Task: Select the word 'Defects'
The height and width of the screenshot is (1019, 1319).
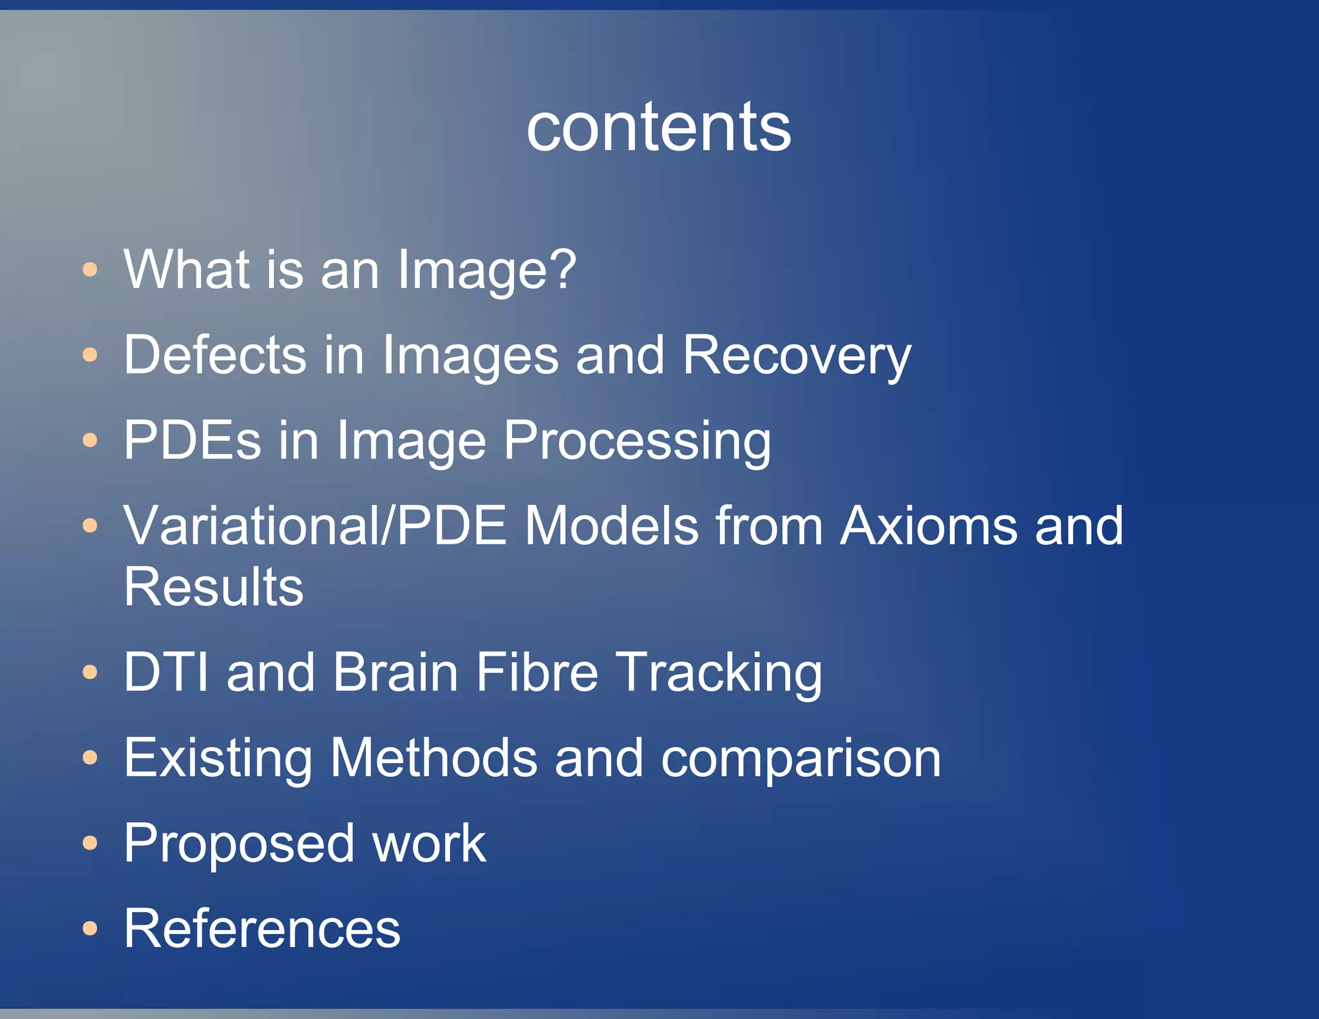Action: [x=215, y=355]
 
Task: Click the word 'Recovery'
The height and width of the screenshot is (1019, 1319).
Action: [x=797, y=355]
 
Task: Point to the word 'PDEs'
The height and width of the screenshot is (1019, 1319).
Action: [x=193, y=440]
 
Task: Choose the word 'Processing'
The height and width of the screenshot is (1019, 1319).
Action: [x=637, y=441]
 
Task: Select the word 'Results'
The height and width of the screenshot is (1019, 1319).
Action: [x=213, y=587]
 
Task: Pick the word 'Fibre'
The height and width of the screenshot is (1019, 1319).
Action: [x=537, y=672]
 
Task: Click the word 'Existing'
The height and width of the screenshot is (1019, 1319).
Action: [x=218, y=758]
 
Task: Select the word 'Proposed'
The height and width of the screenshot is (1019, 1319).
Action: [x=239, y=844]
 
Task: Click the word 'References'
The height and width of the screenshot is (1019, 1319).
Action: [x=262, y=928]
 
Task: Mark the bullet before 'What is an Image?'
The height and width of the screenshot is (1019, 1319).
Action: [x=90, y=269]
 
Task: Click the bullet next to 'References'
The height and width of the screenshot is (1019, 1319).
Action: [x=90, y=929]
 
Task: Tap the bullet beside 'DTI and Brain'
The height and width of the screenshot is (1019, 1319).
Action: [x=90, y=672]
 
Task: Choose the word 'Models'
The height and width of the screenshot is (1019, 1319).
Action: [x=611, y=526]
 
